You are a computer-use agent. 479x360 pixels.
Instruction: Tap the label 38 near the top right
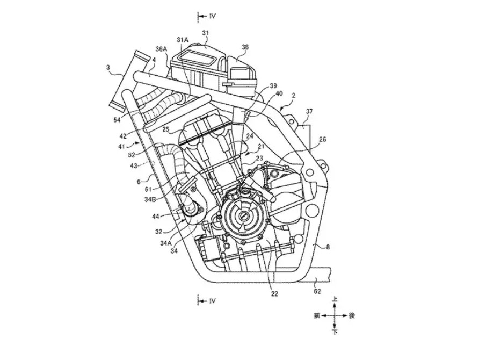click(x=245, y=47)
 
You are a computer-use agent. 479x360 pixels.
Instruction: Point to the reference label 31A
click(x=183, y=40)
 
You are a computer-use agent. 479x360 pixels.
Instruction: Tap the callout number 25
click(x=166, y=130)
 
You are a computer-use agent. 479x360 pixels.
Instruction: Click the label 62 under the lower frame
click(x=317, y=291)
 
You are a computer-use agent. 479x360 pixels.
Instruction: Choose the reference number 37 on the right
click(x=309, y=112)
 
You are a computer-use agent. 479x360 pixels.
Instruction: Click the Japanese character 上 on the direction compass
click(x=335, y=299)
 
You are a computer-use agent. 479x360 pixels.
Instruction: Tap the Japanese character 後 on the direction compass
click(x=352, y=316)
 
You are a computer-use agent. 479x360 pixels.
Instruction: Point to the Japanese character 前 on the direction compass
click(x=317, y=316)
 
